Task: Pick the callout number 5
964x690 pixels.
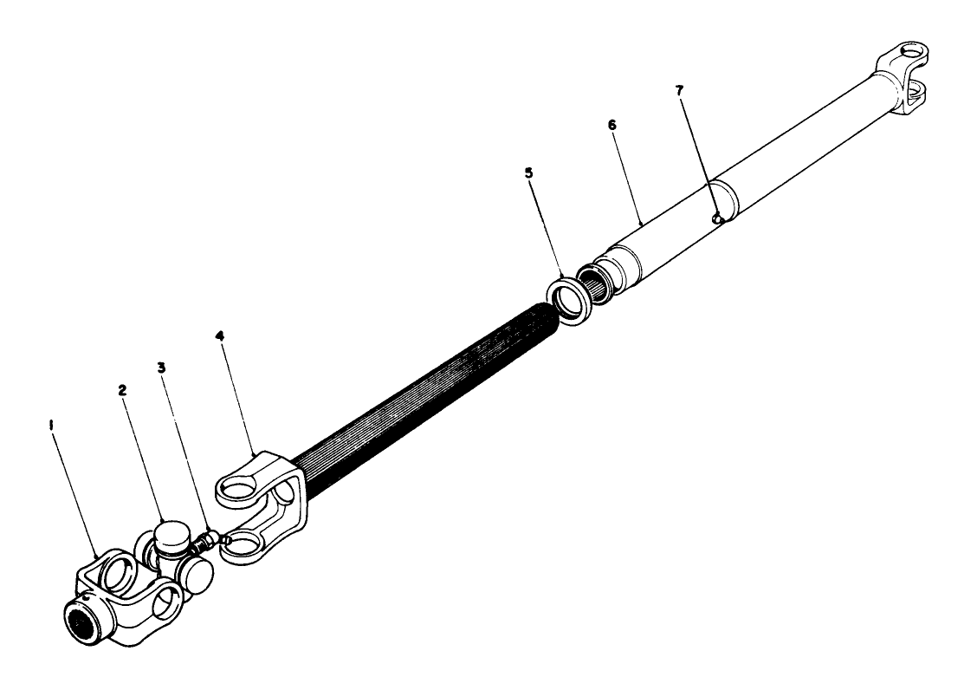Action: click(x=528, y=172)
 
